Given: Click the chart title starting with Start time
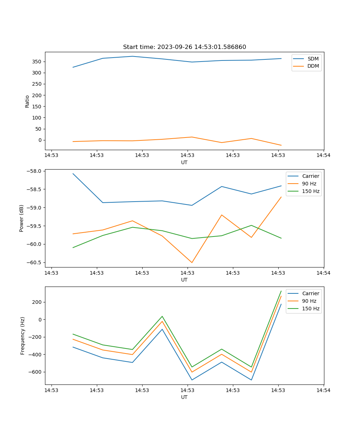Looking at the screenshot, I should [184, 47].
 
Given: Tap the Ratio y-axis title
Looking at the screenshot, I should [27, 101].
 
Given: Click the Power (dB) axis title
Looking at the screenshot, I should [22, 218].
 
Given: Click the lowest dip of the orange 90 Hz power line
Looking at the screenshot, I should [192, 262].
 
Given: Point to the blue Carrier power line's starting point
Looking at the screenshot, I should [73, 174].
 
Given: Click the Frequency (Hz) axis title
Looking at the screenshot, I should [23, 336].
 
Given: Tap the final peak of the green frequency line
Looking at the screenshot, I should [281, 291].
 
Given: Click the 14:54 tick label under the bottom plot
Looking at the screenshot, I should [323, 390].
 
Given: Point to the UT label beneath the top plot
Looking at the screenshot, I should [184, 162].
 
